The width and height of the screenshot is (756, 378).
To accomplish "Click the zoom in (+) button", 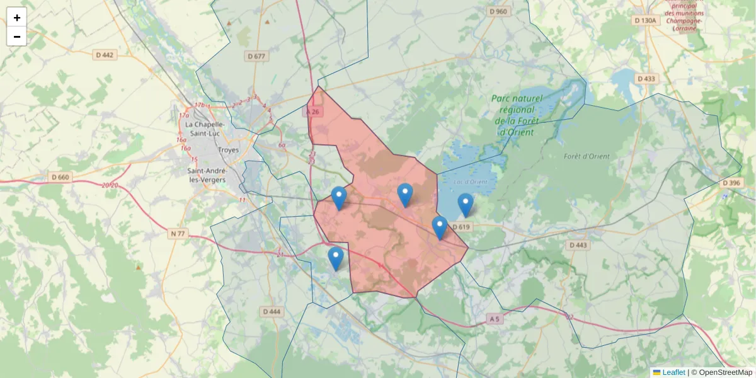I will tap(17, 18).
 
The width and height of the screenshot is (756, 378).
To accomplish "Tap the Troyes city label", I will tap(228, 151).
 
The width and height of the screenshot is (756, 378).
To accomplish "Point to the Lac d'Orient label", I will tap(470, 182).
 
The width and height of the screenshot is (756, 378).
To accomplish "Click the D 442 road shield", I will tap(105, 55).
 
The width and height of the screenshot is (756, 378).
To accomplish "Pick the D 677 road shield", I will tap(256, 56).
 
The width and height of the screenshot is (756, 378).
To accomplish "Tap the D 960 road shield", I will tap(498, 11).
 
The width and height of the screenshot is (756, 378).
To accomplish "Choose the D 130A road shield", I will tap(645, 20).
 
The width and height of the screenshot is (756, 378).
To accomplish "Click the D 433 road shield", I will tap(646, 79).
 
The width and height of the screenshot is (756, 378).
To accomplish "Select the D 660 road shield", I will tap(60, 177).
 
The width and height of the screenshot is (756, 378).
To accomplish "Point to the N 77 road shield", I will tap(178, 234).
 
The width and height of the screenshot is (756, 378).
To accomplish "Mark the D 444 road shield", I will tap(271, 311).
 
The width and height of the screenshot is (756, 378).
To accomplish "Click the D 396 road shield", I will tap(732, 183).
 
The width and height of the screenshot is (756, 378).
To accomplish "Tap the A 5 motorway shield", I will tap(495, 319).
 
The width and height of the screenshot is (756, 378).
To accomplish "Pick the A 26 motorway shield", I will tap(312, 112).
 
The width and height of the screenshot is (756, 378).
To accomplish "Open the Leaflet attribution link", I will tap(673, 372).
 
